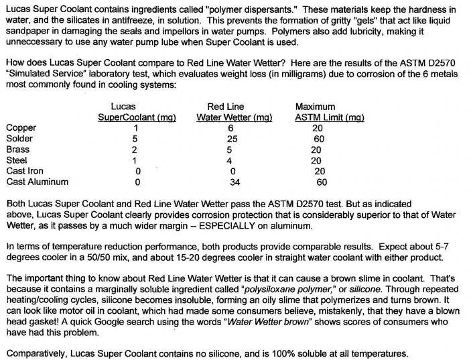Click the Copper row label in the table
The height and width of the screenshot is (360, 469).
pyautogui.click(x=21, y=127)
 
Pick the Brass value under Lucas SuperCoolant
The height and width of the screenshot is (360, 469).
pyautogui.click(x=135, y=149)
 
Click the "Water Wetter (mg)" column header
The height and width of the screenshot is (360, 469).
pyautogui.click(x=234, y=117)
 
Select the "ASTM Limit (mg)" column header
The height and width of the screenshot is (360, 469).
pyautogui.click(x=329, y=117)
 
